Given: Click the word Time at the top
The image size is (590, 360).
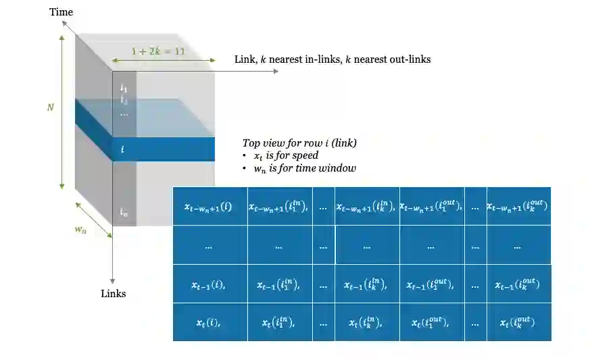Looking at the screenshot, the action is (x=60, y=12).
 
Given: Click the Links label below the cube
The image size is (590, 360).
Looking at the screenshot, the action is (x=113, y=294).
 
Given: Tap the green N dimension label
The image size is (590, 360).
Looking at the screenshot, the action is (x=50, y=107).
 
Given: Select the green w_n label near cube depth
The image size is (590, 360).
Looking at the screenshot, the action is (x=82, y=228).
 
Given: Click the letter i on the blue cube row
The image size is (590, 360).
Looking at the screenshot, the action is (x=122, y=149).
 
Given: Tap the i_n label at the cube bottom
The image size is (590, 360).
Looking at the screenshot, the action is (x=124, y=212).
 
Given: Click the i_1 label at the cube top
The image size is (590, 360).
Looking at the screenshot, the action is (x=124, y=86).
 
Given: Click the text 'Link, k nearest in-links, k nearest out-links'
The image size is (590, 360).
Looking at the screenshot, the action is (x=332, y=59).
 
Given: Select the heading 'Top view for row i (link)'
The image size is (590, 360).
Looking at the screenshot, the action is (x=299, y=143).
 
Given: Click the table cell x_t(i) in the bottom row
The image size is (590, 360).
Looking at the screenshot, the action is (x=208, y=323).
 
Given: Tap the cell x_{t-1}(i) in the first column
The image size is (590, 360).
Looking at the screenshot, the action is (x=208, y=285).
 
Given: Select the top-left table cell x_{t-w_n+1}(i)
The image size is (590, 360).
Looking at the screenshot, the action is (x=208, y=207).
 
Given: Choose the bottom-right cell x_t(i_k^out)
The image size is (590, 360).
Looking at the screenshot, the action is (x=518, y=323).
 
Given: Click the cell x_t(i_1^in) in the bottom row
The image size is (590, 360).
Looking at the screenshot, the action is (x=279, y=323).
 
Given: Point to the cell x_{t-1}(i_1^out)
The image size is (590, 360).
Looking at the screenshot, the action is (x=431, y=285).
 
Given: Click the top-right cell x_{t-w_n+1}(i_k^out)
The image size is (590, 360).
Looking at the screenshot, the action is (x=518, y=207).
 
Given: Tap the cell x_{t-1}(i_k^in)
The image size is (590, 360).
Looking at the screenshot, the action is (x=366, y=285).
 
